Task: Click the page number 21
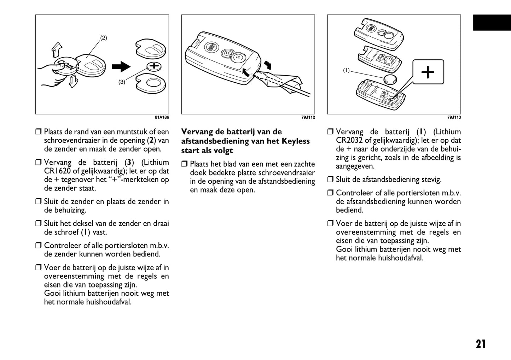pos(481,344)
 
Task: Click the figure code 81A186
pos(162,117)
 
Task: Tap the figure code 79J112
pos(308,117)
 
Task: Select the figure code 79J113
pos(454,117)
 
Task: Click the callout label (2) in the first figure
pos(103,38)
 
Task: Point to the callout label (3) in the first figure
pos(122,82)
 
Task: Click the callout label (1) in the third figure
pos(346,70)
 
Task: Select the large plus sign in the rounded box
pos(428,72)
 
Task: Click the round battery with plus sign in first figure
pos(154,66)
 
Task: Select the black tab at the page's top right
pos(492,23)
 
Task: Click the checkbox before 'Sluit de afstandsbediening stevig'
pos(330,179)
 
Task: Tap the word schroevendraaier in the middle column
pos(288,173)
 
